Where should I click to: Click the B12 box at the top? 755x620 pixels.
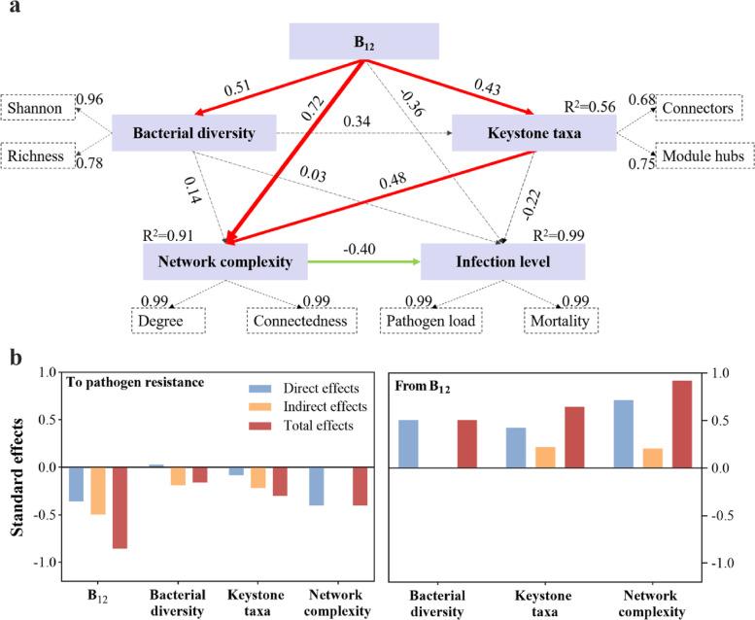point(364,42)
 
